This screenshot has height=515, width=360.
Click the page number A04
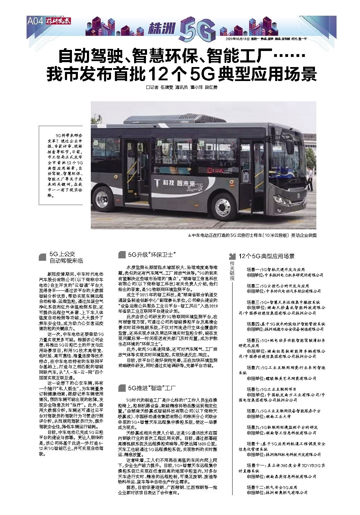point(35,21)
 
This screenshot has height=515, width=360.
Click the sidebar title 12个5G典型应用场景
point(266,256)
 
